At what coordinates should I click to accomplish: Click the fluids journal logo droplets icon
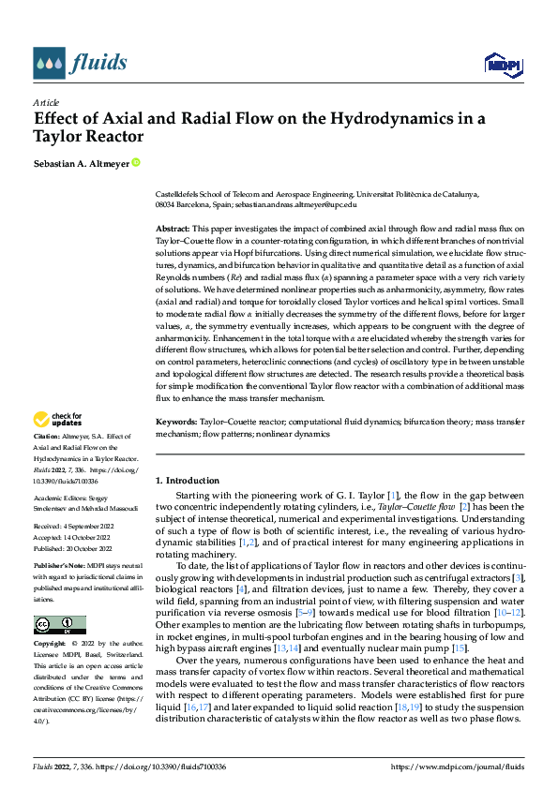coord(49,63)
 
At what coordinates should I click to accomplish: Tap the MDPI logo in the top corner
coord(501,64)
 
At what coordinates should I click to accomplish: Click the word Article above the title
coord(45,103)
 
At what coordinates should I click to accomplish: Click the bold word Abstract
coord(172,229)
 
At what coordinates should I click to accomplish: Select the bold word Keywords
coord(175,424)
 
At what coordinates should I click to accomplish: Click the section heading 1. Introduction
coord(187,481)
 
